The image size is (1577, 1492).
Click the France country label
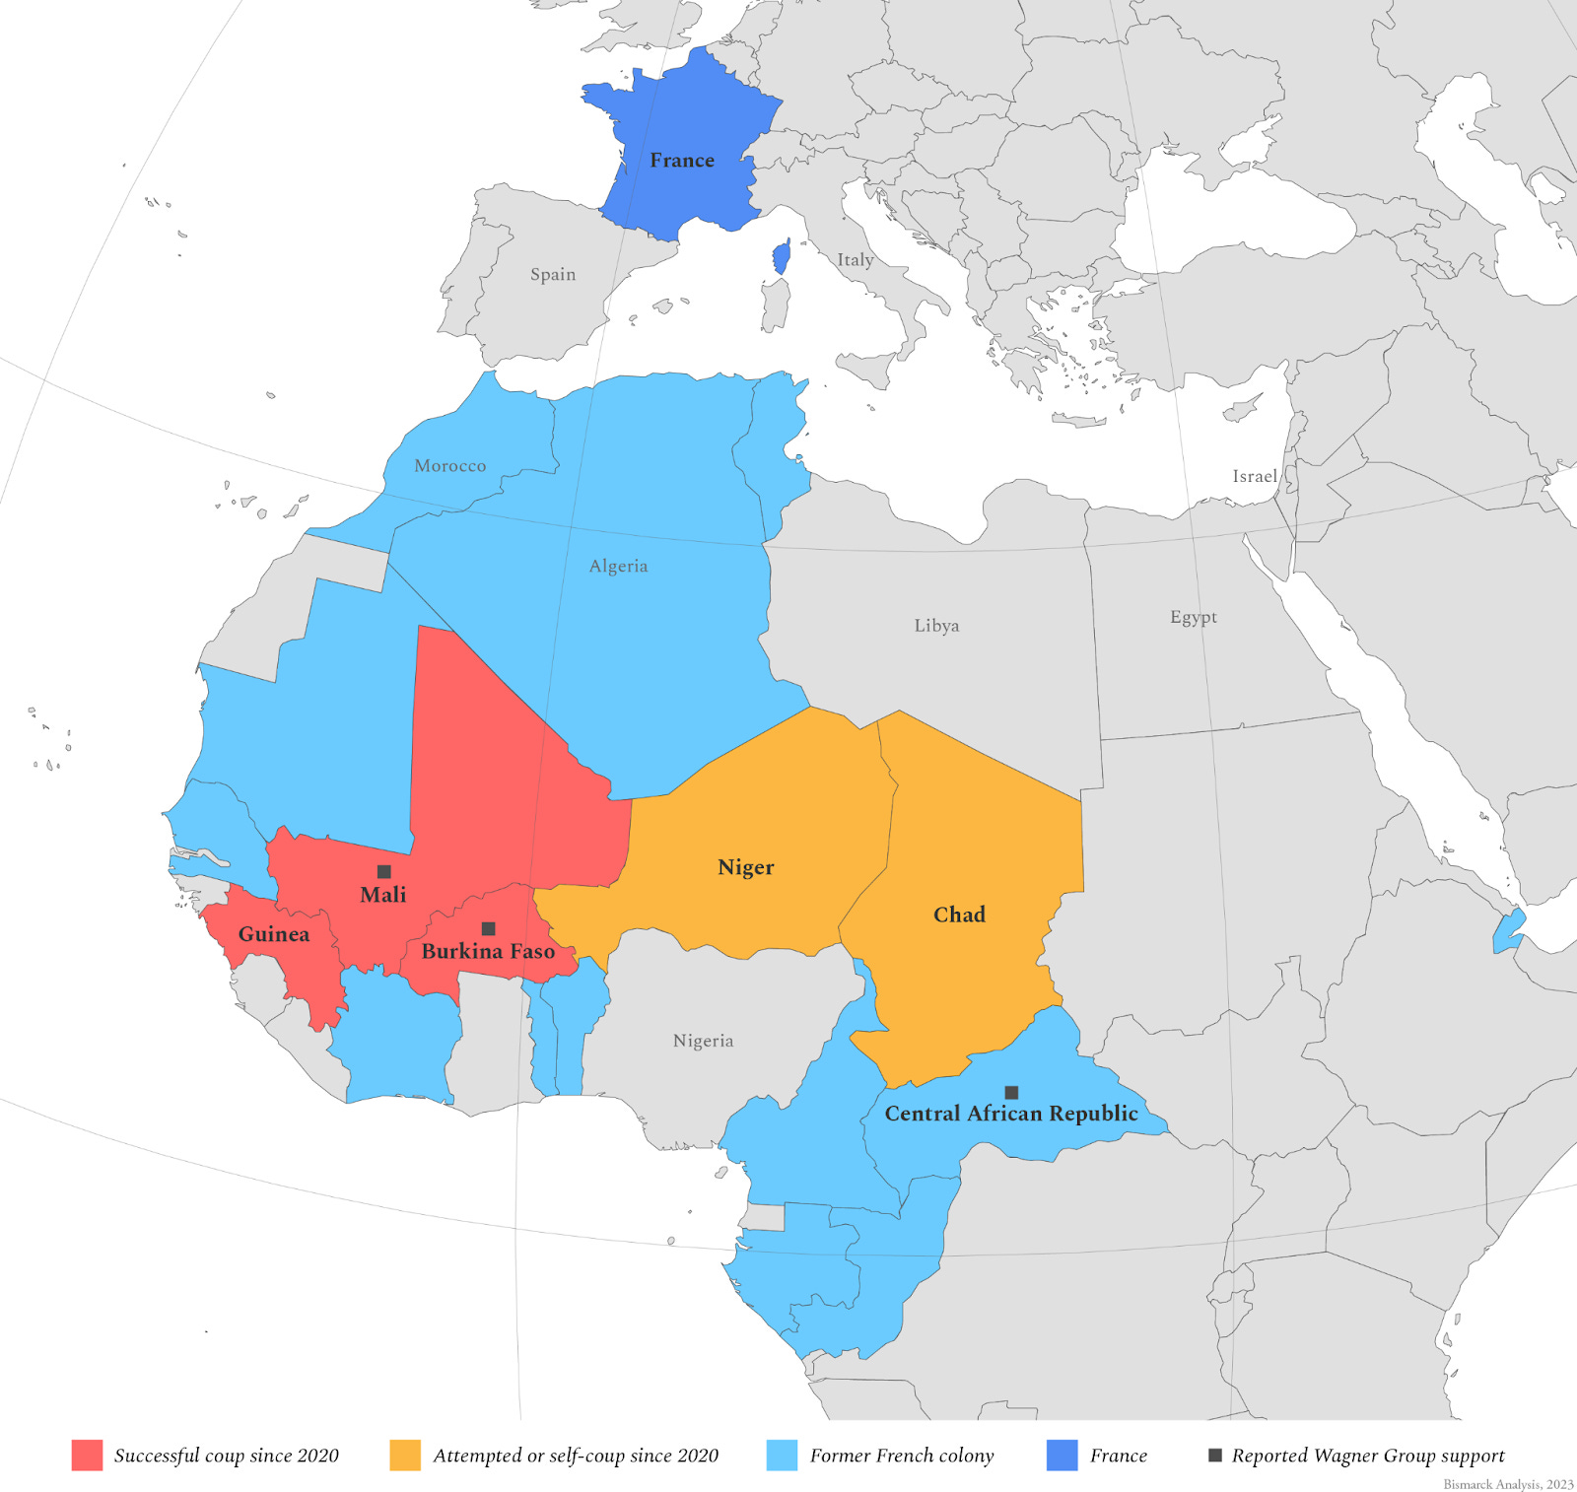(x=682, y=161)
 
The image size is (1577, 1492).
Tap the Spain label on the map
(x=553, y=274)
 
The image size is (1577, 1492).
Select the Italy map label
(x=856, y=260)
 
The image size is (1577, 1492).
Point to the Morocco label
(x=449, y=466)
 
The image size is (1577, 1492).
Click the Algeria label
(x=618, y=566)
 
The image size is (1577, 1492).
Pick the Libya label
(x=936, y=626)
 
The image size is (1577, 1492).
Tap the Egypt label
(x=1194, y=617)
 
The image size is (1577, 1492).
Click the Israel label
(x=1255, y=476)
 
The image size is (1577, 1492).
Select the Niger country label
(x=746, y=867)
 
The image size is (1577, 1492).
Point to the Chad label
(x=959, y=915)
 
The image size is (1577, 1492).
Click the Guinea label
(x=274, y=934)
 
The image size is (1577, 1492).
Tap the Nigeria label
(x=703, y=1041)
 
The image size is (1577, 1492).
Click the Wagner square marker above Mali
(x=384, y=871)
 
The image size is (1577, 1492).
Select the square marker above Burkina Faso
(x=488, y=928)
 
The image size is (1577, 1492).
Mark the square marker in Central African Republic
(x=1011, y=1092)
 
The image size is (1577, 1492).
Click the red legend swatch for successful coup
(x=87, y=1456)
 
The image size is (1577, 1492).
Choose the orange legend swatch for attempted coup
(x=405, y=1456)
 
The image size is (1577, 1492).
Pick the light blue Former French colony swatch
(x=782, y=1456)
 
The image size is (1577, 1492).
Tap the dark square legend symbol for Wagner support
(x=1215, y=1455)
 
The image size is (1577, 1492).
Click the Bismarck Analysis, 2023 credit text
(x=1508, y=1484)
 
